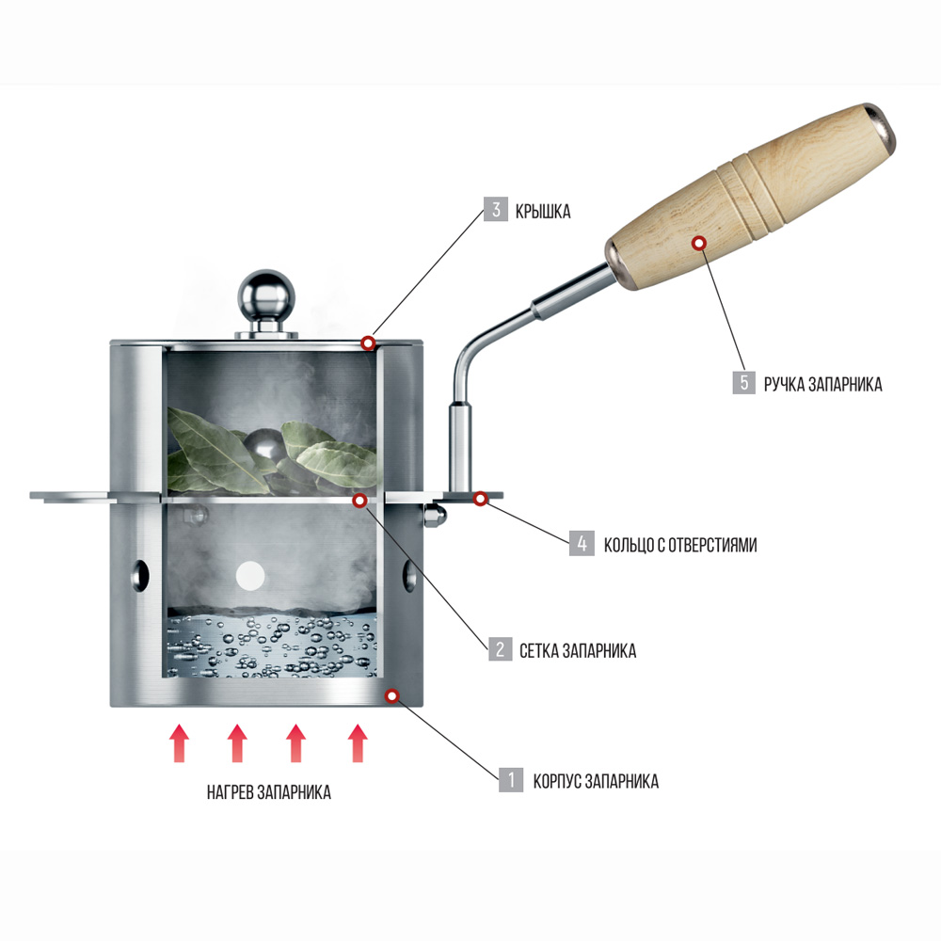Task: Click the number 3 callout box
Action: click(x=496, y=210)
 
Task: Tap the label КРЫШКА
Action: click(x=543, y=211)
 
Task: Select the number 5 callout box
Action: click(x=744, y=382)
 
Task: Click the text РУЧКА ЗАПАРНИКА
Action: click(x=822, y=384)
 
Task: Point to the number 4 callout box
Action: click(x=582, y=543)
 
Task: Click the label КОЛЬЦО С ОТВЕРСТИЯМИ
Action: click(x=680, y=545)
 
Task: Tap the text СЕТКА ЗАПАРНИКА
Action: click(x=578, y=650)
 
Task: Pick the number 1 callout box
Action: click(x=511, y=779)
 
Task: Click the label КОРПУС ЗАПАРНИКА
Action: click(x=596, y=781)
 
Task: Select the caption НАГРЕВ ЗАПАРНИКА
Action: click(x=269, y=792)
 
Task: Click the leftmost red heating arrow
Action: click(x=179, y=743)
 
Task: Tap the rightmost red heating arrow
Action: click(x=358, y=743)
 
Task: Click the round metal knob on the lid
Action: click(x=266, y=296)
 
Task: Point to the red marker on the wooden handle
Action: click(x=698, y=243)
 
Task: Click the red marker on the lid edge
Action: click(x=368, y=343)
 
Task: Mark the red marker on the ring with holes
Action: click(x=480, y=498)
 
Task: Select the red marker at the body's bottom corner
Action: click(x=391, y=696)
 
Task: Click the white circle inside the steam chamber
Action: click(x=250, y=576)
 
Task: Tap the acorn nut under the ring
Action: click(x=435, y=516)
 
